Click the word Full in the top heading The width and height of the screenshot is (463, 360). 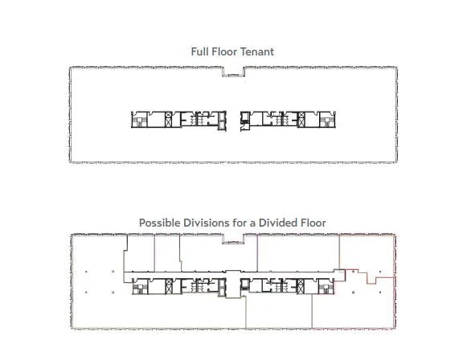coord(199,52)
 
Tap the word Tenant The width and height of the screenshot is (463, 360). coord(257,52)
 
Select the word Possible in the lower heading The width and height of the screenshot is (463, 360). coord(159,223)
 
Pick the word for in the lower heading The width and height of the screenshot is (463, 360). coord(240,223)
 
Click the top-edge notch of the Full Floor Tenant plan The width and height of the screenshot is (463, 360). coord(234,72)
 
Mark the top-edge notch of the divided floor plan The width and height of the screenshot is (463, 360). coord(233,239)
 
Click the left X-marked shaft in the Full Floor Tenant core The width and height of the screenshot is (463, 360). coord(168,120)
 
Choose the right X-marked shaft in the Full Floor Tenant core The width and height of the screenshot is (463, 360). coord(301,120)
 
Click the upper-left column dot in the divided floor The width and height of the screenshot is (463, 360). coord(86,272)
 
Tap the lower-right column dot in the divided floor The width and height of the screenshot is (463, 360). coord(380,292)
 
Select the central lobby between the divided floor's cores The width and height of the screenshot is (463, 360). coord(233,284)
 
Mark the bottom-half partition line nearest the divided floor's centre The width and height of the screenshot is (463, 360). coord(246,313)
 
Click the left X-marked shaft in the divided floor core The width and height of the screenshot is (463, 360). coord(169,286)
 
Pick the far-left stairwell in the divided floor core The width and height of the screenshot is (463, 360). coord(140,286)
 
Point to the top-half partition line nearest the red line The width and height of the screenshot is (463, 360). coord(339,252)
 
